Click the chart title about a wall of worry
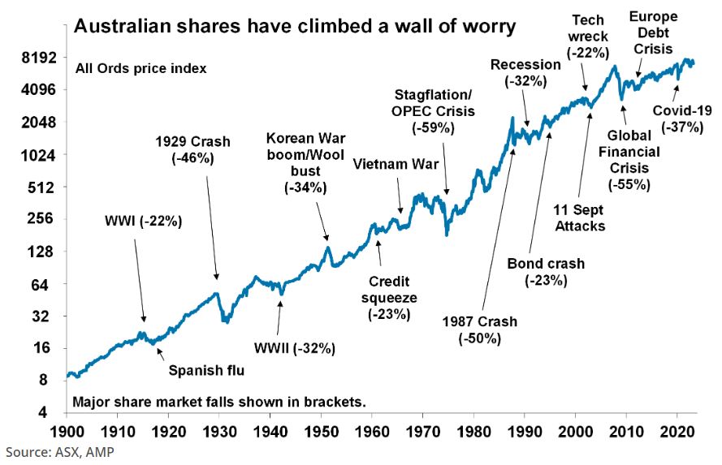pyautogui.click(x=294, y=26)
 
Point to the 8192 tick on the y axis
pyautogui.click(x=38, y=58)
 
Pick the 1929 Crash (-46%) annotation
pyautogui.click(x=192, y=150)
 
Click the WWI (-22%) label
pyautogui.click(x=143, y=220)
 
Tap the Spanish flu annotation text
pyautogui.click(x=206, y=372)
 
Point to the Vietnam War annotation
pyautogui.click(x=396, y=166)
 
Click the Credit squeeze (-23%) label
pyautogui.click(x=393, y=297)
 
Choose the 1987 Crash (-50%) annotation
pyautogui.click(x=479, y=329)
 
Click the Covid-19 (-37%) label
pyautogui.click(x=682, y=118)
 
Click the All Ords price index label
pyautogui.click(x=141, y=68)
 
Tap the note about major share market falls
pyautogui.click(x=219, y=402)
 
